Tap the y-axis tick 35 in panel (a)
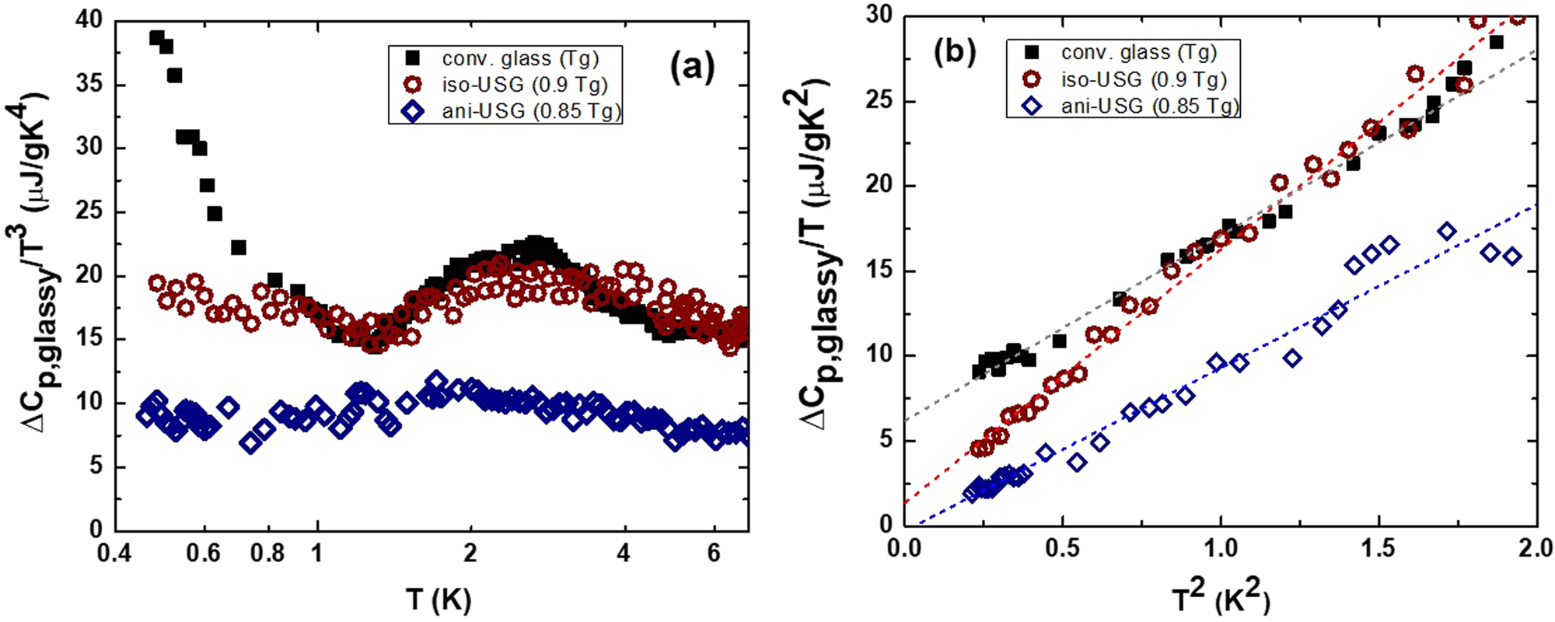[91, 83]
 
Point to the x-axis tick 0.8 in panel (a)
[267, 554]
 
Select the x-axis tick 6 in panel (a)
[714, 554]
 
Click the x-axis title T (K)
[438, 599]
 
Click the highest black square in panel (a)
[157, 37]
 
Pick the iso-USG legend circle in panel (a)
[414, 85]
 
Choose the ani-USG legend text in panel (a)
[532, 111]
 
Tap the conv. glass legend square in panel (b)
[1033, 52]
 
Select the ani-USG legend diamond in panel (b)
[1033, 106]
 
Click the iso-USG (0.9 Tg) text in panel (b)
[1144, 79]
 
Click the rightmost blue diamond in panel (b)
[1512, 257]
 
